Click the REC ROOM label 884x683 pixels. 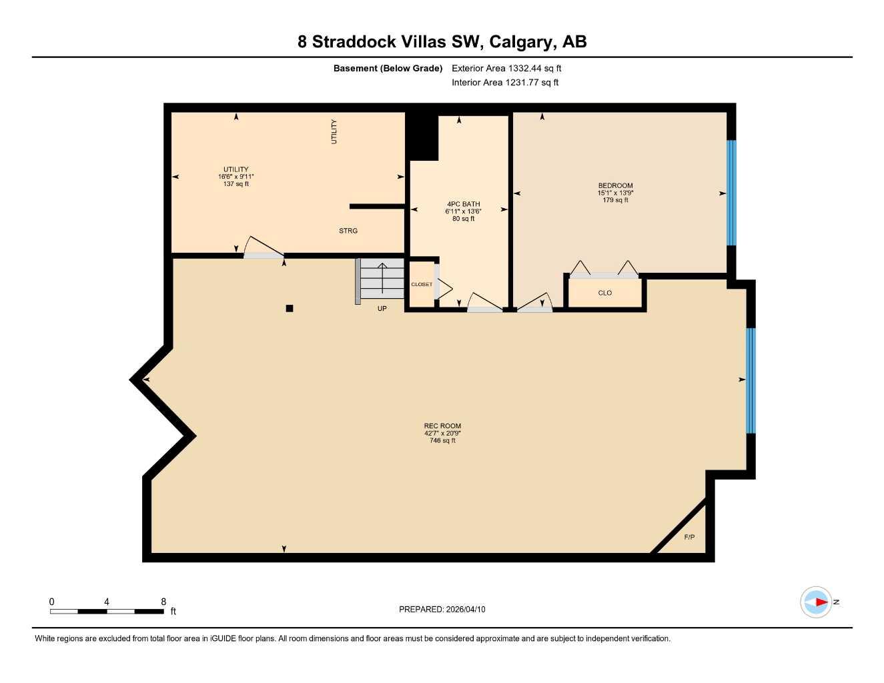442,426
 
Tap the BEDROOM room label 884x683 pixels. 615,185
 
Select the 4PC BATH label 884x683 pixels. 463,204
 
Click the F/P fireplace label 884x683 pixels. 689,537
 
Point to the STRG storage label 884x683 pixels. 348,231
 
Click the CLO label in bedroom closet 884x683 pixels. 604,293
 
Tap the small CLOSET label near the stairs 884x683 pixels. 422,284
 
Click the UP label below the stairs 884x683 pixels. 382,309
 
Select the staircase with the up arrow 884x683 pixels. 382,279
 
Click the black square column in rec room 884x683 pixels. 290,308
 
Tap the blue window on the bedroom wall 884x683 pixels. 731,193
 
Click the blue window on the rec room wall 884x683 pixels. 751,380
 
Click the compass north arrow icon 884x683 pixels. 817,602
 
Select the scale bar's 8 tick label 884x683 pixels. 163,602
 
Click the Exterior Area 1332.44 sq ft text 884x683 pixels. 506,68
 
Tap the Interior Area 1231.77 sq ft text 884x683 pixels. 505,83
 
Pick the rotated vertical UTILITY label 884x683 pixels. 334,131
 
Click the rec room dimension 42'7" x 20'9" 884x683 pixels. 442,433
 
